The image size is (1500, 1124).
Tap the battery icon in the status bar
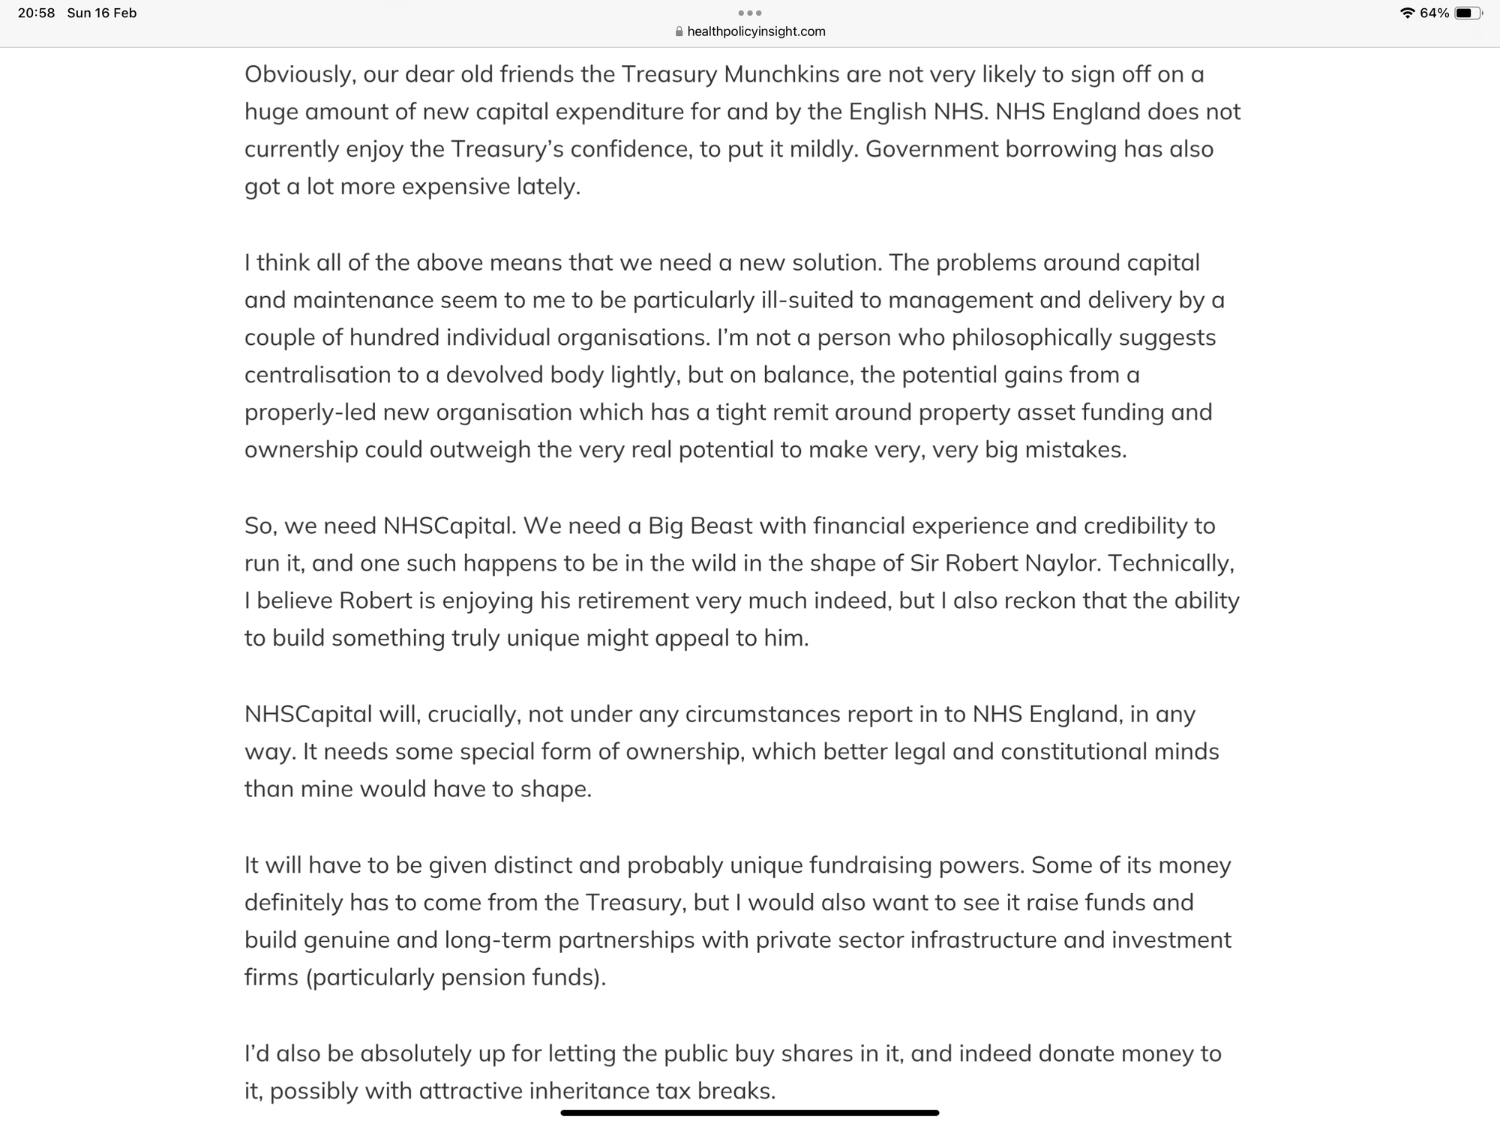point(1468,13)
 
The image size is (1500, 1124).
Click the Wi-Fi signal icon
point(1407,13)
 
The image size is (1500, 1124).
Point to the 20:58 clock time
point(36,13)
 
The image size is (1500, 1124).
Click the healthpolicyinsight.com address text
point(756,31)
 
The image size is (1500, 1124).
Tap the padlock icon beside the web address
point(679,31)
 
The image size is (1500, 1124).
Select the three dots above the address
point(750,13)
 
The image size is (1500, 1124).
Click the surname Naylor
point(1060,563)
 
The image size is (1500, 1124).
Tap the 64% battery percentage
point(1434,13)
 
